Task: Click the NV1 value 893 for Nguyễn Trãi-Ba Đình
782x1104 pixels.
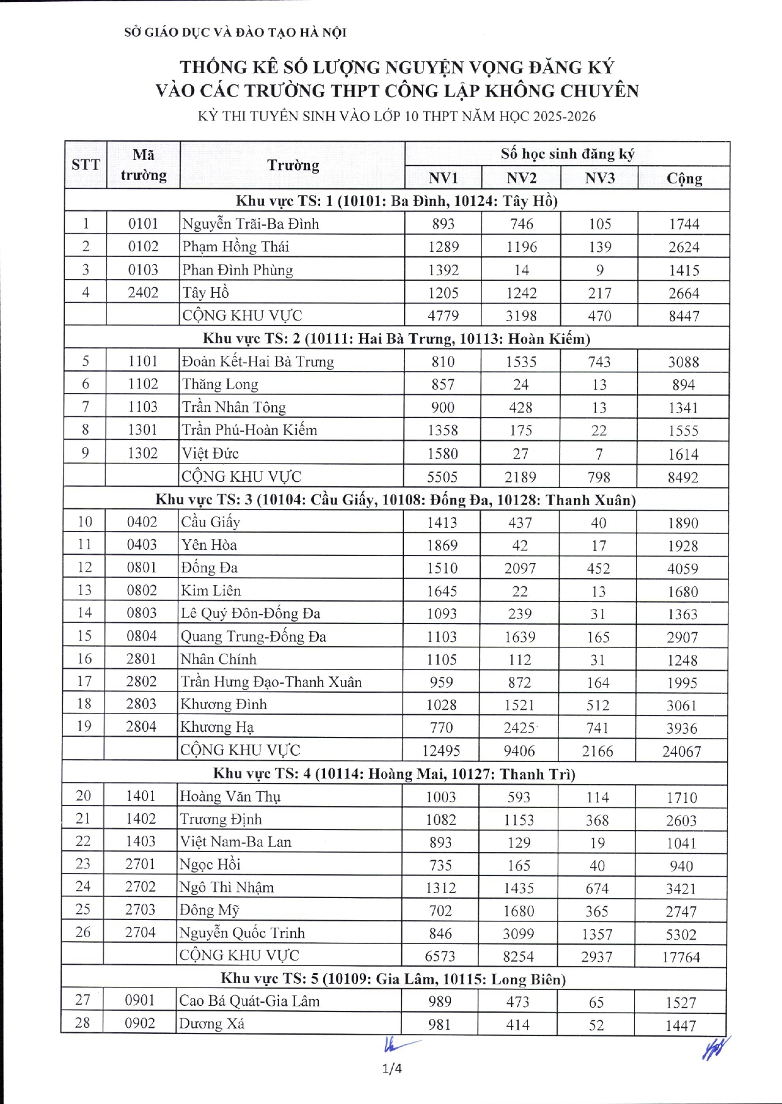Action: coord(443,224)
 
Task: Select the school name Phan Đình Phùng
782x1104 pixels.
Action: coord(238,270)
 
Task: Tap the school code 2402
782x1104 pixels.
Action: coord(143,293)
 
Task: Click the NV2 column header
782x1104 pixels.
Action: coord(521,178)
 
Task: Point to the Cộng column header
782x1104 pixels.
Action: coord(684,178)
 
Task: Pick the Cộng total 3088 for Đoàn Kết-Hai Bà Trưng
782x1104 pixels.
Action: coord(683,362)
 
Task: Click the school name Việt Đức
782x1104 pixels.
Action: coord(210,453)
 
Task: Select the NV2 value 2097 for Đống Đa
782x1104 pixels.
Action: coord(520,569)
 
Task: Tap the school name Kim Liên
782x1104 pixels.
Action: coord(210,591)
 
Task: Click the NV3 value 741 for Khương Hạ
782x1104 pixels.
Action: coord(597,728)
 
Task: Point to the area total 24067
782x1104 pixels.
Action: coord(681,751)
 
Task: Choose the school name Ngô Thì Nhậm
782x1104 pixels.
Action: coord(227,888)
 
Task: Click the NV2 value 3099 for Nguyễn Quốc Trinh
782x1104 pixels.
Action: coord(518,934)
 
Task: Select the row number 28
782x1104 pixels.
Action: coord(83,1023)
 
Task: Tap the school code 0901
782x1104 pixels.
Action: coord(139,1000)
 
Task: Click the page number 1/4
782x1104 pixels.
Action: coord(391,1068)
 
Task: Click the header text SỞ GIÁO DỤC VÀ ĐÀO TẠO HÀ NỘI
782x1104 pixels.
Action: coord(235,32)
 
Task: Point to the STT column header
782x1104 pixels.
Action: coord(86,165)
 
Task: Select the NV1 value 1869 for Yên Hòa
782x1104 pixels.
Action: coord(442,545)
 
